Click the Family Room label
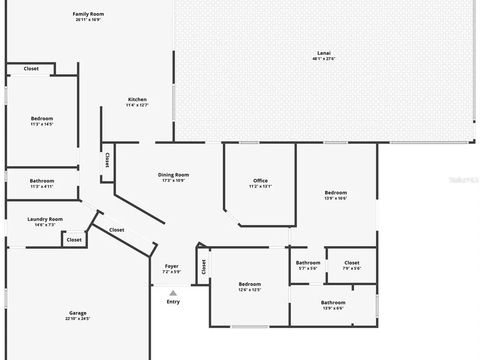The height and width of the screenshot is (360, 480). tap(88, 14)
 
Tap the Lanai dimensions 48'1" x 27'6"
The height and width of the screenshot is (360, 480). tap(324, 59)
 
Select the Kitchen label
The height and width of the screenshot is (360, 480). tap(137, 99)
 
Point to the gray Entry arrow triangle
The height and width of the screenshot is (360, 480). tap(173, 293)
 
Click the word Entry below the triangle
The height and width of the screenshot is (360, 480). tap(173, 302)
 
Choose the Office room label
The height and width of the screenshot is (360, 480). tap(261, 180)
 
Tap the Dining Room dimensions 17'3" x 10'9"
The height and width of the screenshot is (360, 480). tap(174, 180)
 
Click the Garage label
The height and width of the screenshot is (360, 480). tap(78, 313)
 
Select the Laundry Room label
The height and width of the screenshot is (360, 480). tap(45, 219)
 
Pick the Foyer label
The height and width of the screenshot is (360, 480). tap(172, 266)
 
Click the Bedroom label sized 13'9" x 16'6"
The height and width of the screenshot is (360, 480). tap(336, 193)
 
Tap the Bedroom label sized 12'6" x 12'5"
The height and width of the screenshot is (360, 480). tap(250, 284)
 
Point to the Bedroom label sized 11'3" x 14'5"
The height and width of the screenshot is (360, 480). tap(42, 119)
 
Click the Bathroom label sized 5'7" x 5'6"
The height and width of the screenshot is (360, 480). tap(308, 263)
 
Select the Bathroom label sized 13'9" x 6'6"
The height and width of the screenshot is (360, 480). tap(334, 303)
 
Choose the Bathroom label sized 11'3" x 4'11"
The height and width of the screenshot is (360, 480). tap(42, 181)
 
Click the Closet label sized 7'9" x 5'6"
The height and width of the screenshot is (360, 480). tap(352, 263)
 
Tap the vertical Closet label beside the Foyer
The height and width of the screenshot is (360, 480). tap(204, 267)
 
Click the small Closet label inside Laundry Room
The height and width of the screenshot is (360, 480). tap(74, 240)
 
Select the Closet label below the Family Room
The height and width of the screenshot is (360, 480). tap(31, 69)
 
